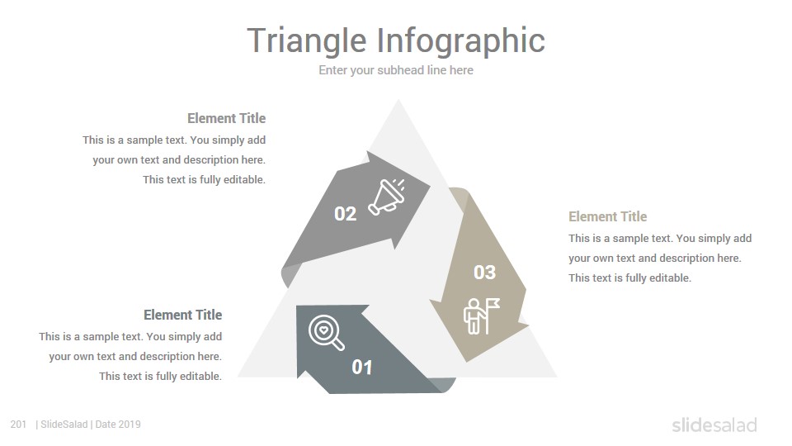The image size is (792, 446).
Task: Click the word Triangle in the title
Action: pyautogui.click(x=307, y=41)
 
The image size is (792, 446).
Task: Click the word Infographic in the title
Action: pyautogui.click(x=461, y=41)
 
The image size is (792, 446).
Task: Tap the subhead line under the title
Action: pyautogui.click(x=396, y=70)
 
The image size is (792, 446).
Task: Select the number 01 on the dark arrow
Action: pyautogui.click(x=361, y=367)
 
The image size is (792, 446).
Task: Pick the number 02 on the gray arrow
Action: pyautogui.click(x=346, y=214)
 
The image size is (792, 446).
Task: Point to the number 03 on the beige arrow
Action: pyautogui.click(x=485, y=273)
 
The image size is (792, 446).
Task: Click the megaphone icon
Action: pyautogui.click(x=387, y=197)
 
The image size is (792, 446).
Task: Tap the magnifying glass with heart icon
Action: pyautogui.click(x=327, y=333)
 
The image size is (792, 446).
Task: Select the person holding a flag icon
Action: pyautogui.click(x=481, y=316)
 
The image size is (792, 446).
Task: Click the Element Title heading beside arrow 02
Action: pyautogui.click(x=226, y=118)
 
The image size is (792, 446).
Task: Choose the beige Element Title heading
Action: pyautogui.click(x=608, y=216)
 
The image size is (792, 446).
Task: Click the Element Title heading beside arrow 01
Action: pyautogui.click(x=183, y=315)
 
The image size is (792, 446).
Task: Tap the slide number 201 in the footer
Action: pyautogui.click(x=18, y=425)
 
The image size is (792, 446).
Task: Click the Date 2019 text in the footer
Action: pyautogui.click(x=118, y=425)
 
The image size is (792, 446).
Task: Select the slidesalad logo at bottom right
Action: pyautogui.click(x=714, y=425)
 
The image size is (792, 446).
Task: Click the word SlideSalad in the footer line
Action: pyautogui.click(x=64, y=425)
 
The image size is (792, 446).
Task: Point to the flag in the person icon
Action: pyautogui.click(x=493, y=304)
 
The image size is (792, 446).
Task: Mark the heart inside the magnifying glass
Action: pyautogui.click(x=323, y=330)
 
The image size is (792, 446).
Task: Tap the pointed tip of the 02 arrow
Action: pyautogui.click(x=431, y=186)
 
